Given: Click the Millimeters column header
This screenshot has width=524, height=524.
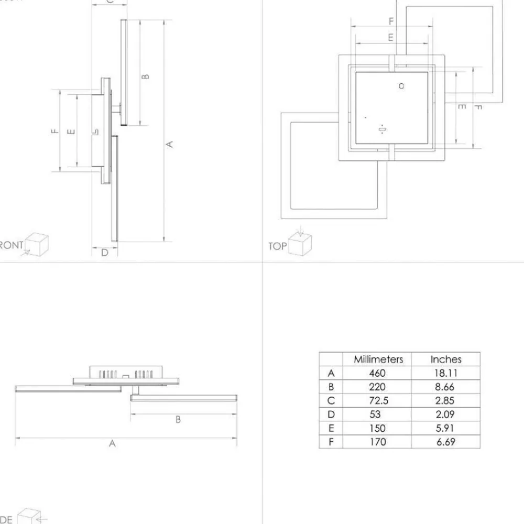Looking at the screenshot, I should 378,359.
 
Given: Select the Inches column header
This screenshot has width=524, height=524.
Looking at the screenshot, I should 445,359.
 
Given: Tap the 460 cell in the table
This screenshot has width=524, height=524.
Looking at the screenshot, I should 377,373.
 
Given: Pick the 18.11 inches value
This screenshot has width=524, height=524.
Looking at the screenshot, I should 445,373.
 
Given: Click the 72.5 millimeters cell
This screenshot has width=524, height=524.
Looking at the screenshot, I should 377,401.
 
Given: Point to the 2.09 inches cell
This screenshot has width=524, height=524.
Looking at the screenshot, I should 445,414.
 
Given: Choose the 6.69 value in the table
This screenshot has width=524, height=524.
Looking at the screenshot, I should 445,442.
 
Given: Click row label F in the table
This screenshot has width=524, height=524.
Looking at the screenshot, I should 331,442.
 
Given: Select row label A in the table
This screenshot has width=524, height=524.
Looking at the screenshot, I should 331,373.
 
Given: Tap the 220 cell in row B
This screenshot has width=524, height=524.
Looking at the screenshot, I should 377,387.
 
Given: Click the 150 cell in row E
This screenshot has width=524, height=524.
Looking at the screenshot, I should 377,428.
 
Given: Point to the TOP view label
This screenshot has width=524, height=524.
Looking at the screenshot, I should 278,246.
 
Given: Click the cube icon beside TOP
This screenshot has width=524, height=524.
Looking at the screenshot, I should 300,243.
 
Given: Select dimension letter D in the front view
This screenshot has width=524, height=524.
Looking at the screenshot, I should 104,253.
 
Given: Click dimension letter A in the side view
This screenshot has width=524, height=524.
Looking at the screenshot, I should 112,443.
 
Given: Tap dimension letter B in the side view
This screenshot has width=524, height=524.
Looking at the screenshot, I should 178,419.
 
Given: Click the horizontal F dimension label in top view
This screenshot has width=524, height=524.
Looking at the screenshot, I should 391,21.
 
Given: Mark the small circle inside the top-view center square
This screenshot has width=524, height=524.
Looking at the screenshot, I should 401,85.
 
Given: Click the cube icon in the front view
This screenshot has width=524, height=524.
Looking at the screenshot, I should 37,244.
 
